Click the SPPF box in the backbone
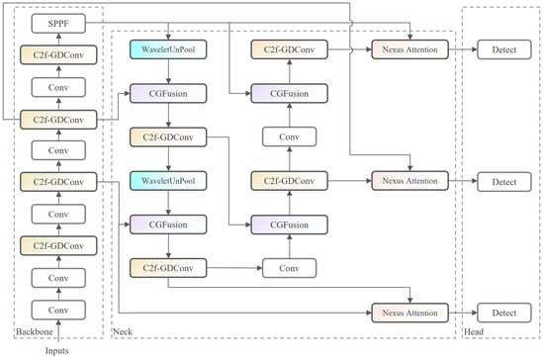point(56,21)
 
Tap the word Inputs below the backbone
point(56,351)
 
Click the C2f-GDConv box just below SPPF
point(56,56)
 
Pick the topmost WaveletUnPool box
point(169,47)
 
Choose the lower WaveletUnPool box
point(169,182)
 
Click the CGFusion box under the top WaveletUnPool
point(169,94)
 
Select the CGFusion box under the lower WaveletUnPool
point(169,225)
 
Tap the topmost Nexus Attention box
point(410,47)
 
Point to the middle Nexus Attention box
point(410,182)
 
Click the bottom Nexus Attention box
point(410,313)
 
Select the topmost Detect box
point(504,47)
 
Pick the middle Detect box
point(504,182)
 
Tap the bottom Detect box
point(504,313)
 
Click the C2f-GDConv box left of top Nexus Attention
point(290,47)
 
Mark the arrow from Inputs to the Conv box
point(56,331)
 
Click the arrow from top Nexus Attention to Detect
point(463,47)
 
